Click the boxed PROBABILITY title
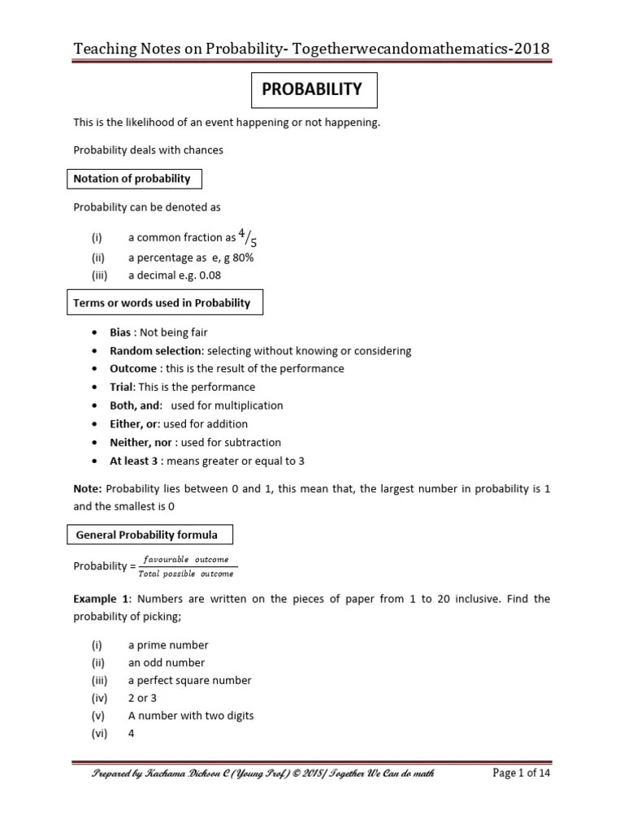[x=311, y=90]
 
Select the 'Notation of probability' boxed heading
[x=132, y=179]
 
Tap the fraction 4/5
[x=249, y=239]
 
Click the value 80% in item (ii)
[x=243, y=258]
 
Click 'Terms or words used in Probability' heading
[x=162, y=303]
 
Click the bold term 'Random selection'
[x=155, y=351]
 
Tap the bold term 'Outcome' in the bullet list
[x=133, y=369]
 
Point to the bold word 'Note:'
[x=88, y=490]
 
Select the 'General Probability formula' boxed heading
[x=146, y=535]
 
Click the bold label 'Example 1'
[x=102, y=599]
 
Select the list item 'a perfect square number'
[x=189, y=681]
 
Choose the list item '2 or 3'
[x=143, y=698]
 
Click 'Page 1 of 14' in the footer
[x=522, y=773]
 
